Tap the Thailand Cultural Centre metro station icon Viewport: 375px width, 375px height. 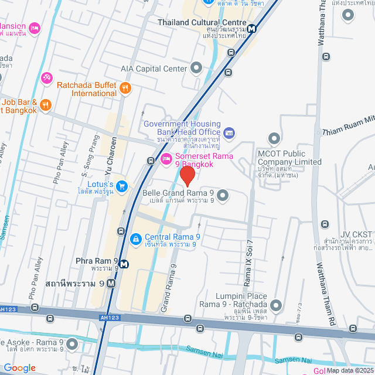pos(251,28)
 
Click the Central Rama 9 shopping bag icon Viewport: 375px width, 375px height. pos(135,238)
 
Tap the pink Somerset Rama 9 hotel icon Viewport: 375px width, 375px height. pos(166,158)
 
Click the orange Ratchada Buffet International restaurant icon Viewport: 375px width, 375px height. pos(125,88)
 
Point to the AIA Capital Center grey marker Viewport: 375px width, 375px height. pos(196,69)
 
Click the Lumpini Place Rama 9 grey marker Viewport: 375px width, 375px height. pos(275,305)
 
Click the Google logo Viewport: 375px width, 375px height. pos(19,367)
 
